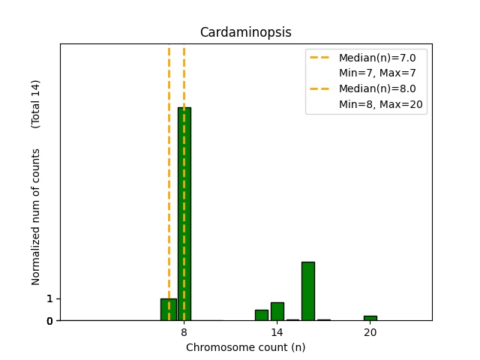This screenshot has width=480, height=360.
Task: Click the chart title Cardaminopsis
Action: (x=245, y=32)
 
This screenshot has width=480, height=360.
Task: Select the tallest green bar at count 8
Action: (x=184, y=214)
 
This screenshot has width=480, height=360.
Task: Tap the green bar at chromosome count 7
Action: (x=169, y=309)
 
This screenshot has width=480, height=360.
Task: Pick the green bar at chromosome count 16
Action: (x=307, y=291)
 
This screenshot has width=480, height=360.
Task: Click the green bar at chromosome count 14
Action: (x=277, y=311)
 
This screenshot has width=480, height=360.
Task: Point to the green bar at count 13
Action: (x=261, y=315)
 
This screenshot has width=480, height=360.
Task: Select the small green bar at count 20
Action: (x=370, y=318)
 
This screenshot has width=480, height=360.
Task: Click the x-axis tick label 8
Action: (x=184, y=332)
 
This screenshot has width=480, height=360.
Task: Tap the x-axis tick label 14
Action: (x=277, y=332)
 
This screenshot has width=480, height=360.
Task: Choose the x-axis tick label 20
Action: (x=370, y=332)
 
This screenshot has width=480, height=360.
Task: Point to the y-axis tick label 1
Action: (x=49, y=298)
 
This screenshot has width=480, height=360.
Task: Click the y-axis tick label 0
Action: (x=49, y=321)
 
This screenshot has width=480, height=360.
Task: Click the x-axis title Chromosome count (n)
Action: (x=245, y=347)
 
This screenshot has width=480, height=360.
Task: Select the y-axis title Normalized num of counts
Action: (x=36, y=225)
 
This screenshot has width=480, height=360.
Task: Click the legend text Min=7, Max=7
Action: (x=377, y=73)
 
